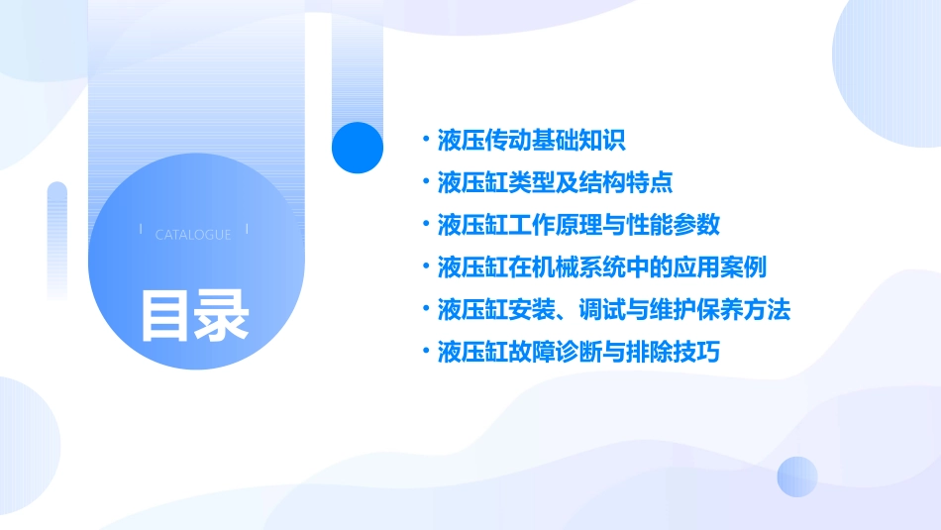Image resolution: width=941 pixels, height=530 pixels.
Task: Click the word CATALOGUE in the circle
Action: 193,235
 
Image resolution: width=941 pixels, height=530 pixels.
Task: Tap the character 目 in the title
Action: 165,315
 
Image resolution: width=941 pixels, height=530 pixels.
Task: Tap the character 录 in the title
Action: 222,315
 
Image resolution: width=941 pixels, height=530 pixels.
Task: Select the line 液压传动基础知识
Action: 531,140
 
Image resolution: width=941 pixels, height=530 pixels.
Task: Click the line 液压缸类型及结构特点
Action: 555,182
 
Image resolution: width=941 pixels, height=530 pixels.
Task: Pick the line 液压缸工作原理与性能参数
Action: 578,225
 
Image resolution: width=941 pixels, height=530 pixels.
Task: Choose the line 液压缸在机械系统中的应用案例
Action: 602,267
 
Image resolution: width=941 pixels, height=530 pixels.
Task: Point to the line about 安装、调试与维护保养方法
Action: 614,310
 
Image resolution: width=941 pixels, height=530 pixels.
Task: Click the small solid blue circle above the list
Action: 357,147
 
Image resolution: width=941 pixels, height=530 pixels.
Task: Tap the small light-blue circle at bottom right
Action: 797,477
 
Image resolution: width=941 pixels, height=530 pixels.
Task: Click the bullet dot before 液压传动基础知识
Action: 425,140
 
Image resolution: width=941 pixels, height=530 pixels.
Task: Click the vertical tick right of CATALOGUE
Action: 247,230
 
